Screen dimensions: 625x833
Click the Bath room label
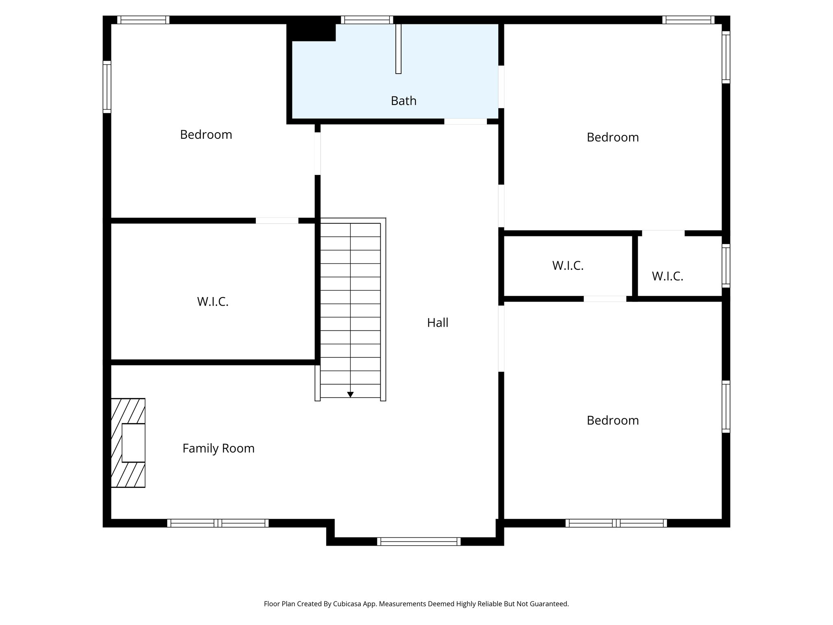point(403,101)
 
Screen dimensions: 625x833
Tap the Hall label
point(438,323)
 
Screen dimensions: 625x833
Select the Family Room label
point(218,448)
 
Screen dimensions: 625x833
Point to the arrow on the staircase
point(350,394)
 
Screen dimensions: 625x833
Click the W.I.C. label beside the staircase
point(213,302)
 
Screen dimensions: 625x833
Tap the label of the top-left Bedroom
point(206,135)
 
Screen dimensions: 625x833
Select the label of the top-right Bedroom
point(613,138)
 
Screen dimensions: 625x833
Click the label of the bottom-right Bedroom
point(613,420)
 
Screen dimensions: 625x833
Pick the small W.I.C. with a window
point(667,276)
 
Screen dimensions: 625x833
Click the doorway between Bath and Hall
point(465,121)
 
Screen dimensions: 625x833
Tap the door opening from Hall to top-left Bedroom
point(318,153)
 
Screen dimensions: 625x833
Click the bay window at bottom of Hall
point(419,541)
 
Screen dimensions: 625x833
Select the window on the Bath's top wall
point(367,20)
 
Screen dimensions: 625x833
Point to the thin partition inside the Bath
point(398,49)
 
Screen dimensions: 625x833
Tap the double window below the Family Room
point(218,523)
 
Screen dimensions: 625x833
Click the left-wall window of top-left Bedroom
point(107,87)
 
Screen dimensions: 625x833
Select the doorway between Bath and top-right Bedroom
point(501,87)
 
